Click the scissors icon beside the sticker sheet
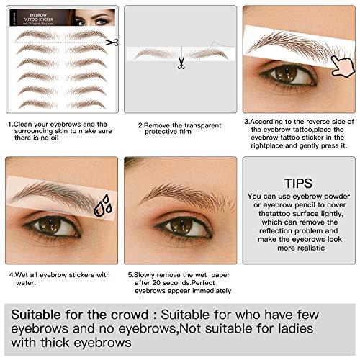111,42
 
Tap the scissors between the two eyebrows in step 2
180,63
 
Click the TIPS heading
298,183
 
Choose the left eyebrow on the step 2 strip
154,53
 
